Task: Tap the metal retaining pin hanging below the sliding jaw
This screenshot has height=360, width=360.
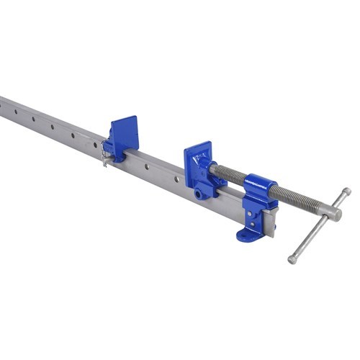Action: tap(105, 159)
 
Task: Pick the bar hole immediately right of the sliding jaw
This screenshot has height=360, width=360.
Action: tap(148, 166)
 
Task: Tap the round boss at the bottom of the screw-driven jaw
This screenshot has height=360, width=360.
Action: tap(197, 194)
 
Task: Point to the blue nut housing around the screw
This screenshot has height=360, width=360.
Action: tap(261, 191)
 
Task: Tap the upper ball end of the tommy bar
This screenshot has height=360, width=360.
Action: tap(346, 192)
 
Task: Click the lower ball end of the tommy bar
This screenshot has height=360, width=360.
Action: tap(292, 259)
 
